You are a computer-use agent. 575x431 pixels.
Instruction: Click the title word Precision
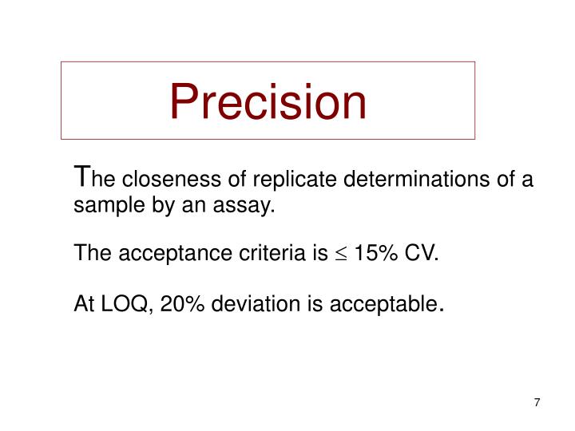coord(268,102)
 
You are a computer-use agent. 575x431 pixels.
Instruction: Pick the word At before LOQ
coord(84,304)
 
